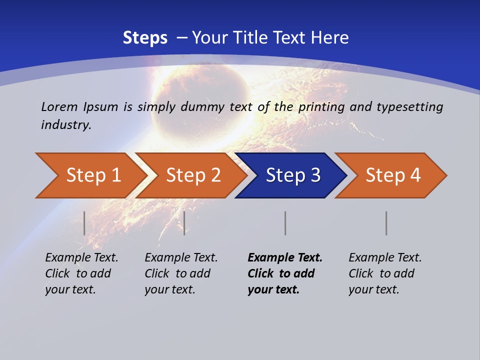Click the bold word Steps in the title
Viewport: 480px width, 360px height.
145,38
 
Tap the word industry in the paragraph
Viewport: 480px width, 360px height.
65,124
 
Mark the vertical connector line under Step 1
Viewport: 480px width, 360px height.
84,223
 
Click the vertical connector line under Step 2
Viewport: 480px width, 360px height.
184,223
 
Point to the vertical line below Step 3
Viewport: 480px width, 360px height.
285,223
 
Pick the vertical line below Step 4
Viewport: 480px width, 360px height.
386,223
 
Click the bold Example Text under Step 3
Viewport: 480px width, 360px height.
285,258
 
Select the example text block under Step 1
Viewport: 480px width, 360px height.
81,273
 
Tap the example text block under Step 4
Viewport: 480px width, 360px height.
385,273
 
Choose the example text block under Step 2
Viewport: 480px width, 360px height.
181,273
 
